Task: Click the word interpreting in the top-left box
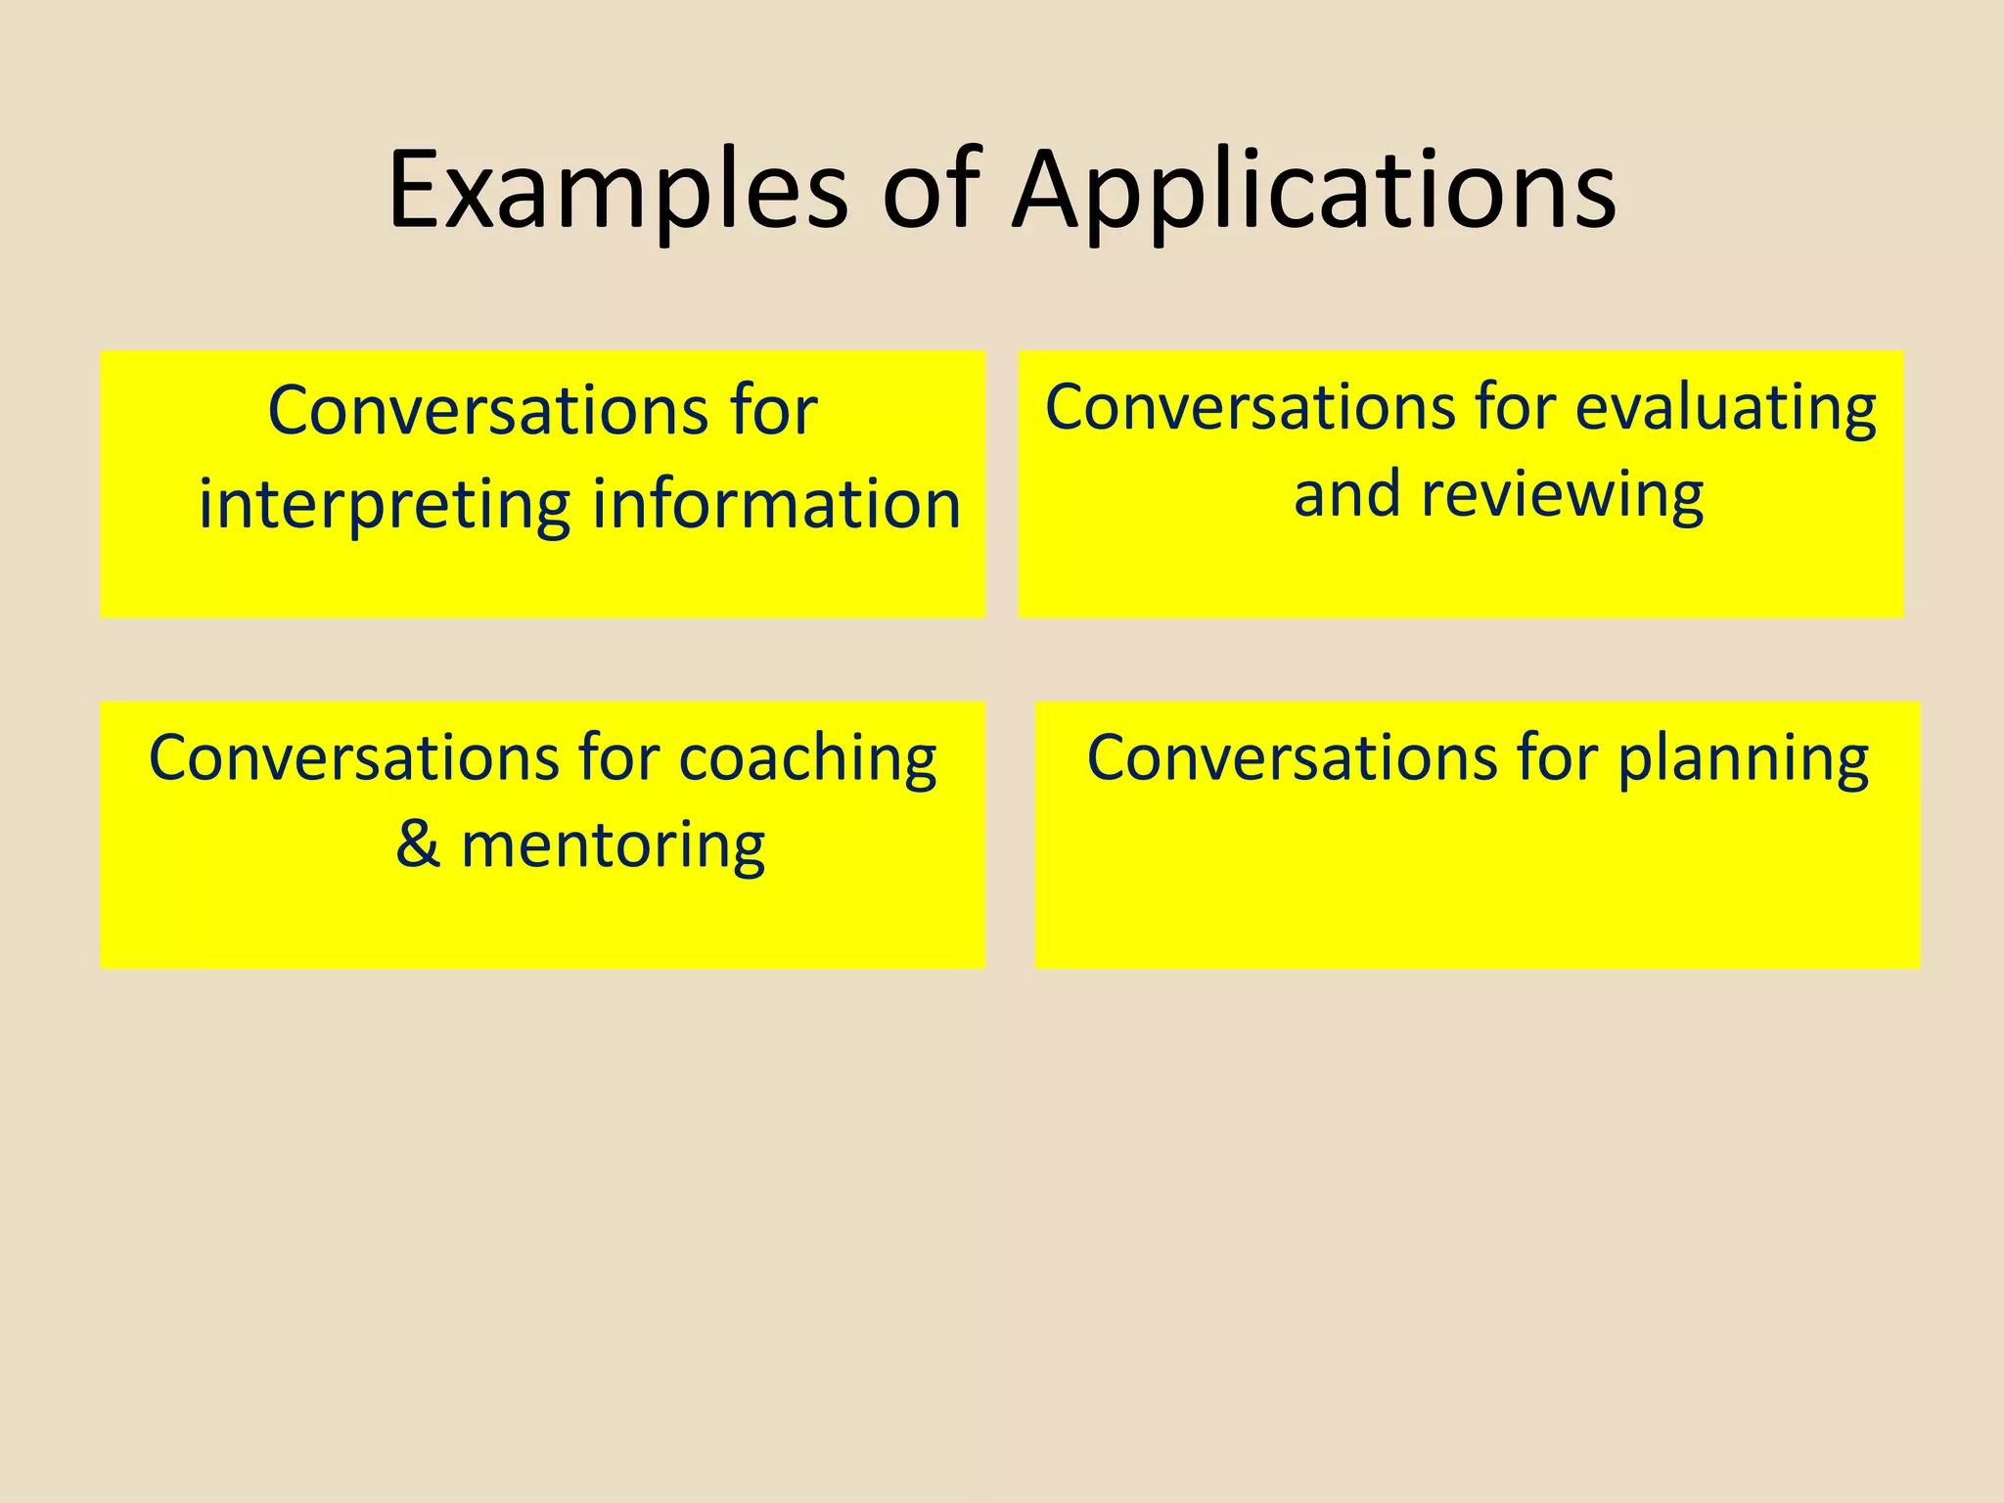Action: click(x=384, y=506)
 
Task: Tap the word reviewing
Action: click(x=1562, y=494)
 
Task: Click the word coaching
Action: click(x=807, y=759)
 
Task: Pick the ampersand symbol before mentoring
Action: click(x=418, y=844)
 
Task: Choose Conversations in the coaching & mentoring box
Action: click(x=353, y=758)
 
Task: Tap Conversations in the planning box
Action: click(x=1292, y=758)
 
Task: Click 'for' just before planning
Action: click(x=1557, y=758)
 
